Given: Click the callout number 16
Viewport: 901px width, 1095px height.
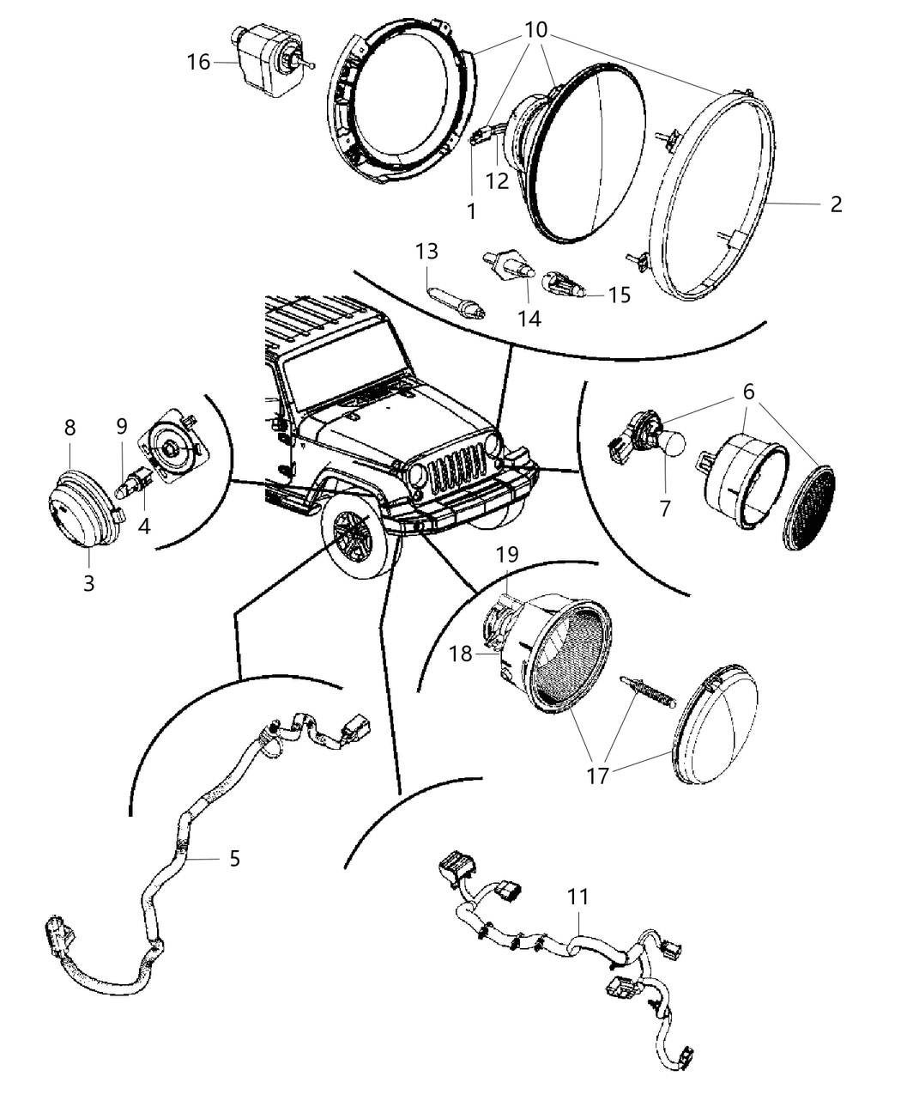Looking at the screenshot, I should (x=198, y=62).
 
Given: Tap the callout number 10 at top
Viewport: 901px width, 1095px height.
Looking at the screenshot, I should (x=535, y=29).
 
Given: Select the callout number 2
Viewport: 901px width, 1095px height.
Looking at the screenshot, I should (x=836, y=204).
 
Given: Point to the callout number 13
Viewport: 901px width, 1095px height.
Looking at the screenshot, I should (x=426, y=252).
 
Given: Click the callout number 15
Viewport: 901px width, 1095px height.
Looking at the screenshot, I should (x=619, y=295).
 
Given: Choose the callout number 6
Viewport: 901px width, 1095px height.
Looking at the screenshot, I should (x=748, y=392).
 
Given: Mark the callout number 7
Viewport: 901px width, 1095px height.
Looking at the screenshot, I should (x=665, y=508).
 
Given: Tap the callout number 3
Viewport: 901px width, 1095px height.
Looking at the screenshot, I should (x=89, y=583).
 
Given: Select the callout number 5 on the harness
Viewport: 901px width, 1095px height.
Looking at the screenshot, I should (x=234, y=858).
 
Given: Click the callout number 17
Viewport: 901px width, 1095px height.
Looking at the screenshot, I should (x=597, y=776).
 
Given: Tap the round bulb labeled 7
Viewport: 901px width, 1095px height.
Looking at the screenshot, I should (x=671, y=443).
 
